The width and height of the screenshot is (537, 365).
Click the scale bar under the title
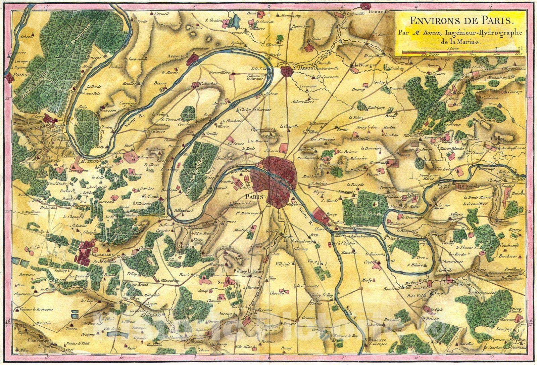pyautogui.click(x=460, y=53)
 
